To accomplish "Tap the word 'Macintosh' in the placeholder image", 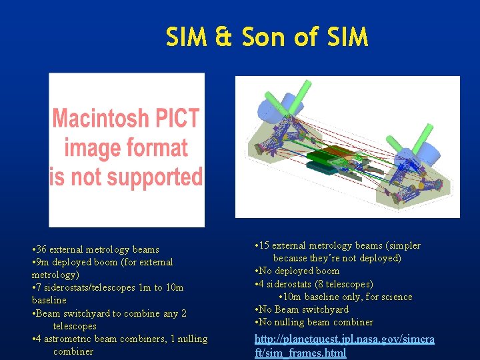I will coord(126,119).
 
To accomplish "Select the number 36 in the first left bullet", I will coord(41,249).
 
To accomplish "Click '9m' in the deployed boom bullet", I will coord(43,262).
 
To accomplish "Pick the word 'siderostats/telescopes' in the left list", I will coord(93,287).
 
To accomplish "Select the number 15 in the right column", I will coord(265,245).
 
